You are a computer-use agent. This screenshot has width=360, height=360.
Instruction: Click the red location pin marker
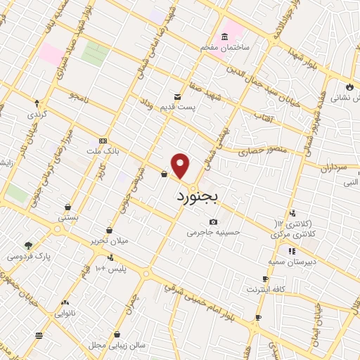181,165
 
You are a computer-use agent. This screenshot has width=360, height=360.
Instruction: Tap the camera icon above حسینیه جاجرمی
213,222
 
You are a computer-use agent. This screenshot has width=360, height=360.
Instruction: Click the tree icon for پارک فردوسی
28,245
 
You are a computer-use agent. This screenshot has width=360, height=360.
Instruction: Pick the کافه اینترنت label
265,289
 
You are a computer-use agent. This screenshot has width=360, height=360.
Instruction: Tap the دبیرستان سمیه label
290,260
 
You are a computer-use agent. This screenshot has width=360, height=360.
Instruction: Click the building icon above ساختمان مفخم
224,37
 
